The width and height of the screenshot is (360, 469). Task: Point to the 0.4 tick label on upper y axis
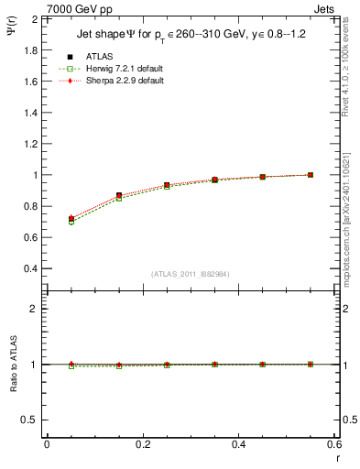point(29,268)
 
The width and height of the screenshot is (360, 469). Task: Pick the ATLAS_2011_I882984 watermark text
point(191,275)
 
